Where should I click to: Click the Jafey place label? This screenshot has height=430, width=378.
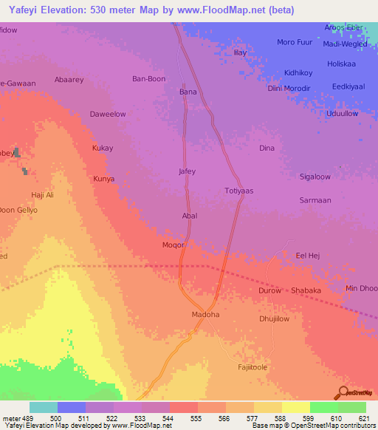coord(188,171)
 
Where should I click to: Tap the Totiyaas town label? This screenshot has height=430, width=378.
coord(238,191)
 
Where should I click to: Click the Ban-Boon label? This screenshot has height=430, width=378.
coord(148,78)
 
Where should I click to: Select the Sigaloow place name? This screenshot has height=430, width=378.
coord(315,177)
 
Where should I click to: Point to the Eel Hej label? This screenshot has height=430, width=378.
coord(306,256)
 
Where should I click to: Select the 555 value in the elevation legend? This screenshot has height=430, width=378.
coord(196,419)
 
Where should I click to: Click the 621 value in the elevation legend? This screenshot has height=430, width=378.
coord(365,419)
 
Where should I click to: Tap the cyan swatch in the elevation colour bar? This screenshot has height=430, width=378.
coord(44,407)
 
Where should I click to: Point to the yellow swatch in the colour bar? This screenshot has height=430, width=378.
coord(295,407)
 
